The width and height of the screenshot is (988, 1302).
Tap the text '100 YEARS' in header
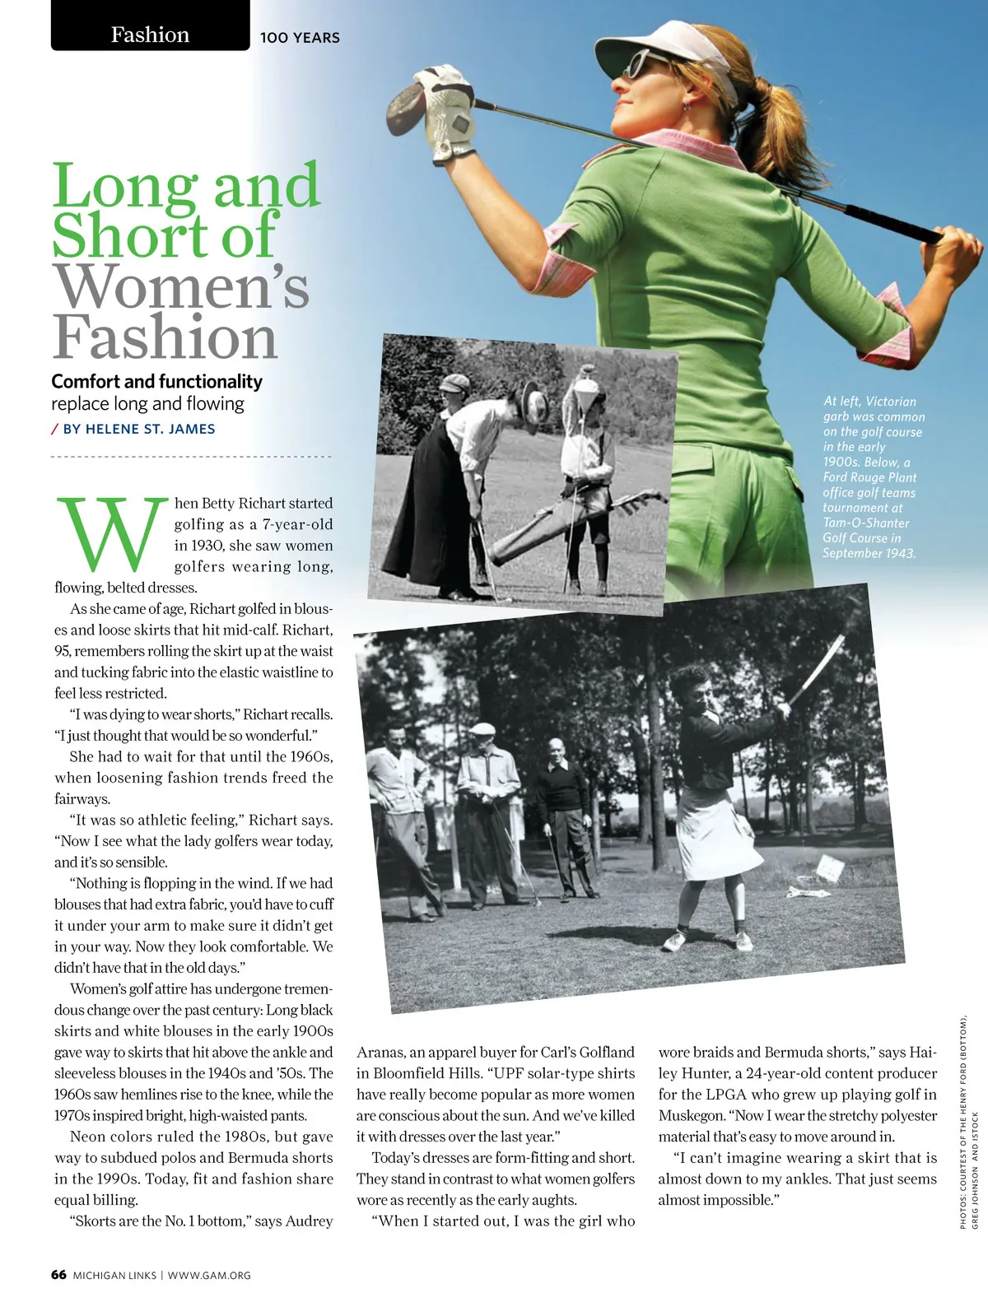pyautogui.click(x=300, y=38)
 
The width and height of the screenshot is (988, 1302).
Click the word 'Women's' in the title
pyautogui.click(x=181, y=287)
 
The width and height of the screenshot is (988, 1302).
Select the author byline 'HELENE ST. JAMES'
pyautogui.click(x=151, y=429)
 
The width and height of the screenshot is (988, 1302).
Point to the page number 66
pyautogui.click(x=58, y=1275)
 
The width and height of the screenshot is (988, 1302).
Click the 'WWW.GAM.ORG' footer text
pyautogui.click(x=209, y=1276)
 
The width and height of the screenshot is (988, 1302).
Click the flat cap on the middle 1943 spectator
pyautogui.click(x=483, y=728)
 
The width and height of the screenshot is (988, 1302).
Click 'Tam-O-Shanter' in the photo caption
pyautogui.click(x=865, y=523)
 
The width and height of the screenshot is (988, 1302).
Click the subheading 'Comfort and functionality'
pyautogui.click(x=156, y=382)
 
